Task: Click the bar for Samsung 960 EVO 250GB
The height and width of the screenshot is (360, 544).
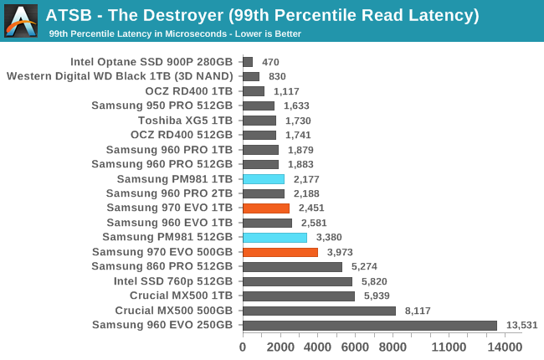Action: [x=369, y=325]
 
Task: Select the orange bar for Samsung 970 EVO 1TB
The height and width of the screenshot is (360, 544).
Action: [x=265, y=208]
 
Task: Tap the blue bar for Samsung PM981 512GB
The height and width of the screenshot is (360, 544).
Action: [x=275, y=237]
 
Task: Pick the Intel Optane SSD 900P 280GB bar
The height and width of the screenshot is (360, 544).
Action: [x=248, y=62]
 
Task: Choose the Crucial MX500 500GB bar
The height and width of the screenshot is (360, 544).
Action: [x=319, y=311]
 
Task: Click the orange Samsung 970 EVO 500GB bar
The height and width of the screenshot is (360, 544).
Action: [x=280, y=252]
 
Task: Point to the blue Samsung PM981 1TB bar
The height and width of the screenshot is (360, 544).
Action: [x=263, y=179]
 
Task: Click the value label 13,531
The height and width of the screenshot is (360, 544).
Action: [x=521, y=326]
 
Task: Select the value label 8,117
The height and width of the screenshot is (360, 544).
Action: [x=419, y=311]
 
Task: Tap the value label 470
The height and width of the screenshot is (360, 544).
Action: [x=270, y=62]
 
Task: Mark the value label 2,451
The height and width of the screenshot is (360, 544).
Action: [x=311, y=208]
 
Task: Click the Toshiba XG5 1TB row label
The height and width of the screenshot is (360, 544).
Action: [x=185, y=121]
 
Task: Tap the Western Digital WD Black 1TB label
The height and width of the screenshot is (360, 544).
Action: [x=120, y=76]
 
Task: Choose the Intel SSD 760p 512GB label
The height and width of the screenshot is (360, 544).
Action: [x=173, y=281]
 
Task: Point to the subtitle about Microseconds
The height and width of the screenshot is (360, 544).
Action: [x=175, y=33]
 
